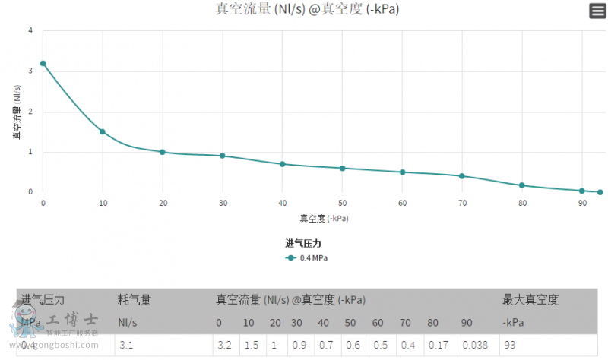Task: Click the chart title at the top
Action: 308,10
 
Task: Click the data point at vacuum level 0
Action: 43,64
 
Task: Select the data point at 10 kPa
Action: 103,132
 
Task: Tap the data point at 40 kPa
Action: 283,164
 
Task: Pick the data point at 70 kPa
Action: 462,176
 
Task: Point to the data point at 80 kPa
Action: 522,185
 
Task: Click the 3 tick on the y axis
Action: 30,71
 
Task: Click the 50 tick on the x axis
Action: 343,204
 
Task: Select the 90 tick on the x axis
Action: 582,204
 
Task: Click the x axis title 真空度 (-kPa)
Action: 323,219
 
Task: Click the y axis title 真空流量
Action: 17,112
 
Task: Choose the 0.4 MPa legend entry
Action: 307,258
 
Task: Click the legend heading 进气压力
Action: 303,243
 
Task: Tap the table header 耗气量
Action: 135,300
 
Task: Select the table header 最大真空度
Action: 530,300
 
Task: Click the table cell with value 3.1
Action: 126,345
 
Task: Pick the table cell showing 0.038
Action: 475,345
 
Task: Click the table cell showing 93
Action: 509,345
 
